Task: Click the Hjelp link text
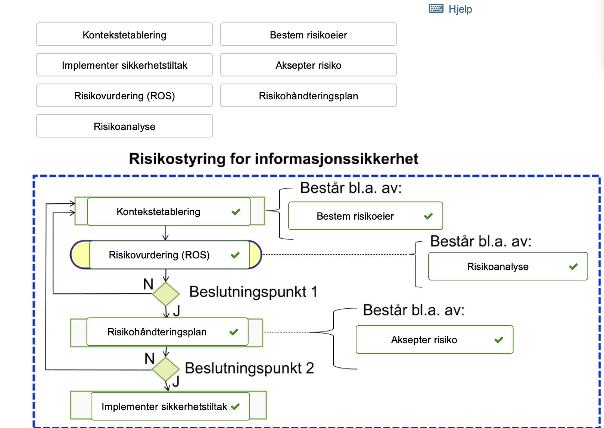point(460,9)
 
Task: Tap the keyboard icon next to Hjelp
point(436,8)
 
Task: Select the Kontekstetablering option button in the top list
point(124,35)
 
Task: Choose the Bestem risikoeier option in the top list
point(308,35)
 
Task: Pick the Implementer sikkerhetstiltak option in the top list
point(124,65)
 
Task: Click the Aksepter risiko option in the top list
point(308,65)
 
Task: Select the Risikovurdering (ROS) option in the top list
point(124,96)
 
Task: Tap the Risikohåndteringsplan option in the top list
point(308,96)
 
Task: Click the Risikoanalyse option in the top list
point(124,127)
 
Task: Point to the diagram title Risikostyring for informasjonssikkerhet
point(274,159)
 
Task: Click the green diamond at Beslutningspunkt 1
point(166,294)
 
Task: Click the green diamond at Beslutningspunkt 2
point(166,369)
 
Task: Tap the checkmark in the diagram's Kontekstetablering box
point(236,212)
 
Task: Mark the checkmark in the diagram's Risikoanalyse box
point(573,267)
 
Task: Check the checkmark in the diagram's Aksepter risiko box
point(498,340)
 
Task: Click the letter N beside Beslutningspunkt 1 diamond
point(148,285)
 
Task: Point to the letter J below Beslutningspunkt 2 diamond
point(176,381)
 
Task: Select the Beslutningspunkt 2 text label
point(249,368)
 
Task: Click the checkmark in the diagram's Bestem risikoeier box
point(428,216)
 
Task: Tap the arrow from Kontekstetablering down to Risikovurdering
point(166,233)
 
